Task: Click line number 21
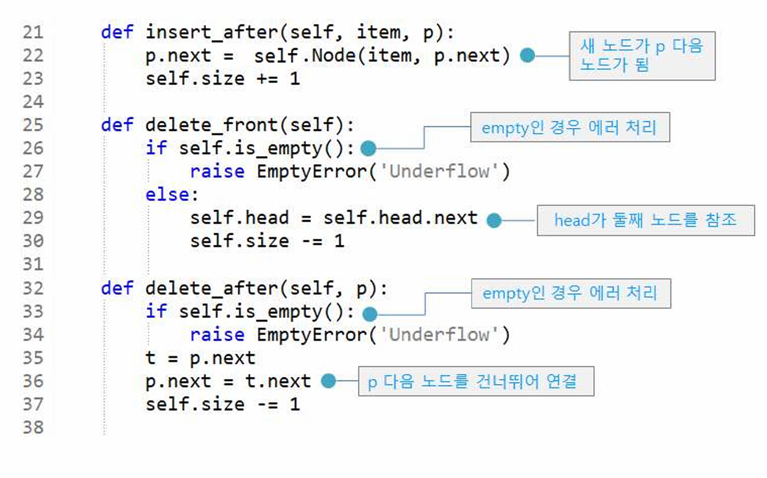(33, 32)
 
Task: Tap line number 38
(33, 427)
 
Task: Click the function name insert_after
(212, 32)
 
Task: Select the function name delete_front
(212, 125)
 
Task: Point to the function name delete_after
(212, 288)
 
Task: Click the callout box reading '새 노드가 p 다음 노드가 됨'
(642, 56)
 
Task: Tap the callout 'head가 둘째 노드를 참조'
(645, 220)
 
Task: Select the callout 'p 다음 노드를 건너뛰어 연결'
(476, 381)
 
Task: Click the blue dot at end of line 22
(527, 55)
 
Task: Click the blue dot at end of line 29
(494, 220)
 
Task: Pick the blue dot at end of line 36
(329, 381)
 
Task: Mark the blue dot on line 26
(368, 148)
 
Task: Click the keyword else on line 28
(168, 195)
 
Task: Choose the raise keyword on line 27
(217, 172)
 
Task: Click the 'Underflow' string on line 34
(439, 334)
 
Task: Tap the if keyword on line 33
(156, 311)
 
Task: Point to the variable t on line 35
(150, 358)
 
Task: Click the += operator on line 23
(267, 79)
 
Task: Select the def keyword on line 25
(117, 125)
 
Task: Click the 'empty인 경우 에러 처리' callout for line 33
(570, 293)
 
